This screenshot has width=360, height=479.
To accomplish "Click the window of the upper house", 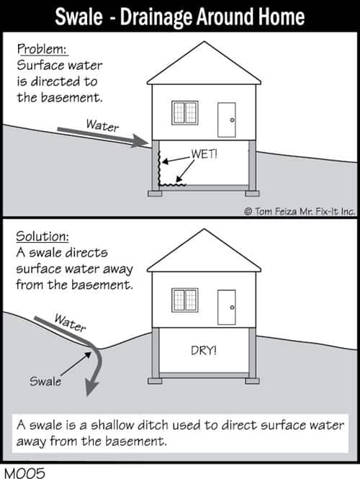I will (x=185, y=112).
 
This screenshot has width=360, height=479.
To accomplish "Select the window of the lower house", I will (x=185, y=300).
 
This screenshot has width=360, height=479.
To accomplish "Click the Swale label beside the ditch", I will (x=45, y=382).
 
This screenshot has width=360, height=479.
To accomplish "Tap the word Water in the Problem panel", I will (x=102, y=125).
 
